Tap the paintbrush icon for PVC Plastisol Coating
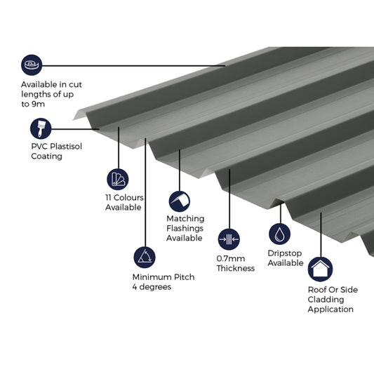[41, 128]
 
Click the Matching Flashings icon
[178, 201]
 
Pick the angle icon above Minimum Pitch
[145, 256]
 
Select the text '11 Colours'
[124, 197]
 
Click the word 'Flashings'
[185, 228]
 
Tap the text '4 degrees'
[152, 286]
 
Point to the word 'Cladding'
[326, 299]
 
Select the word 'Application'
[330, 309]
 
